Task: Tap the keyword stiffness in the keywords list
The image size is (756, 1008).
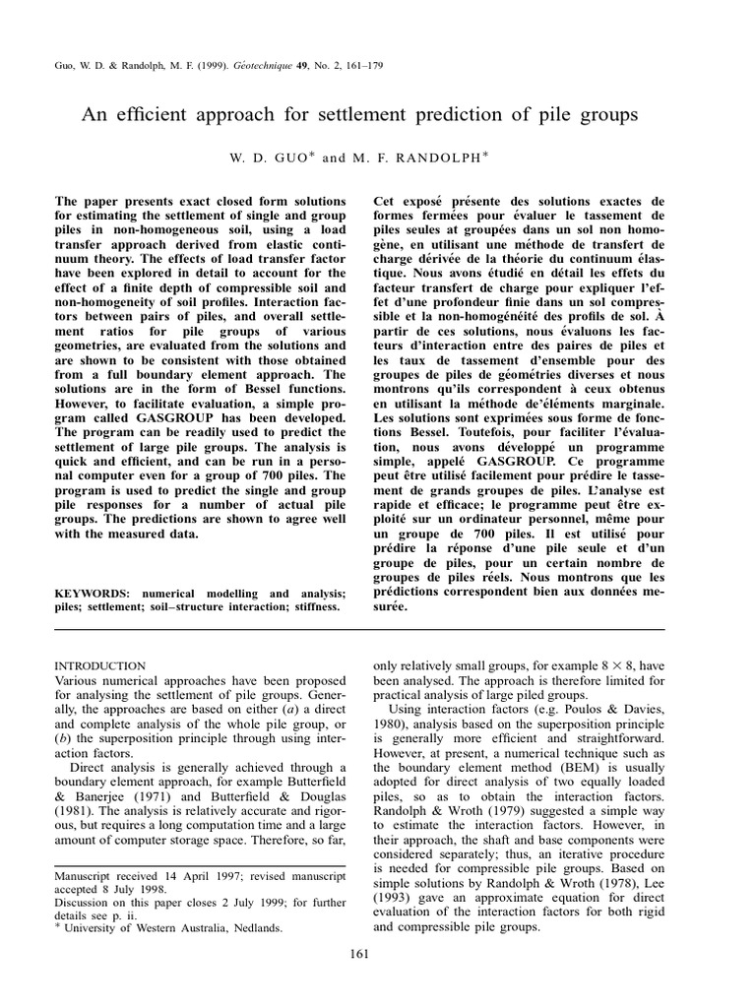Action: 310,607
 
